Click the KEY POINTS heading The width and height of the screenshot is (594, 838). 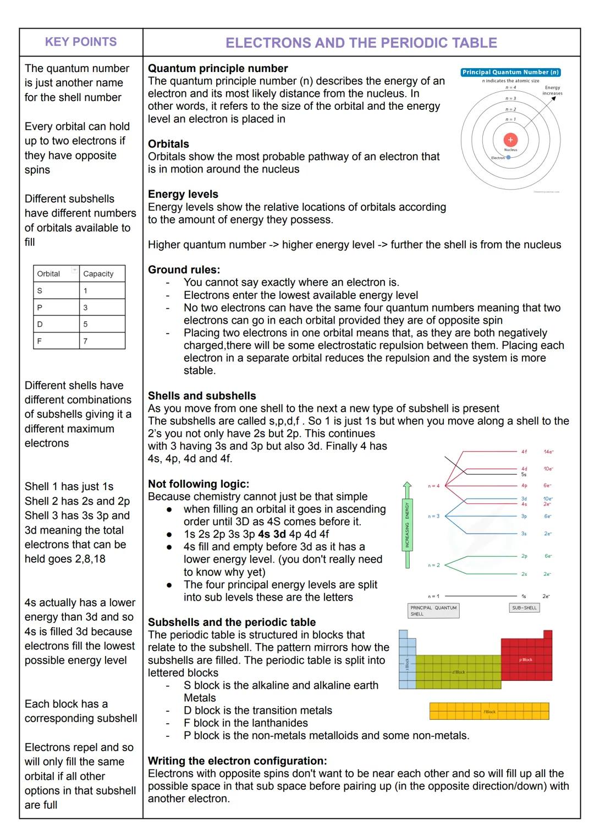tap(81, 42)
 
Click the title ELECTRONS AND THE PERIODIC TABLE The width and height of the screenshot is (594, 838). tap(361, 43)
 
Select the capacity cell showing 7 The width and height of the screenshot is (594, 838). tap(102, 341)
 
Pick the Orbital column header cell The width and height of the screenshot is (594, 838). tap(56, 274)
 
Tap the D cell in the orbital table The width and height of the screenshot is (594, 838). tap(56, 324)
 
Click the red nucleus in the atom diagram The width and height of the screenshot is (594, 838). tap(510, 140)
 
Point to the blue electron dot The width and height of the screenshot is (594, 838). tap(508, 157)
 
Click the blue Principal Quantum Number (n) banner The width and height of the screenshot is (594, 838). tap(510, 72)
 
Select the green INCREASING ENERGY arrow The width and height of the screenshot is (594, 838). tap(407, 525)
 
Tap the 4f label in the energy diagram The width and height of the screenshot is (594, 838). tap(524, 452)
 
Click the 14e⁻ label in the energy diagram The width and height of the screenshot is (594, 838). tap(548, 452)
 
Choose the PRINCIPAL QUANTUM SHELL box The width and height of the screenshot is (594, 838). tap(433, 611)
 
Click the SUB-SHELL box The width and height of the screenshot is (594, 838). tap(524, 608)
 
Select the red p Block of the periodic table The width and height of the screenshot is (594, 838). tap(526, 658)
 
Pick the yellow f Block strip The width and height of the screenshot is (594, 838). tap(489, 711)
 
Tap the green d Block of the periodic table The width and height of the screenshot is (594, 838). tap(458, 672)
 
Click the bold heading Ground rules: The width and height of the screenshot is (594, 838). tap(184, 270)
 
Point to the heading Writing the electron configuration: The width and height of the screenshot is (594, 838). tap(237, 761)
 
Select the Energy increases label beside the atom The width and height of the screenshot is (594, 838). tap(552, 90)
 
